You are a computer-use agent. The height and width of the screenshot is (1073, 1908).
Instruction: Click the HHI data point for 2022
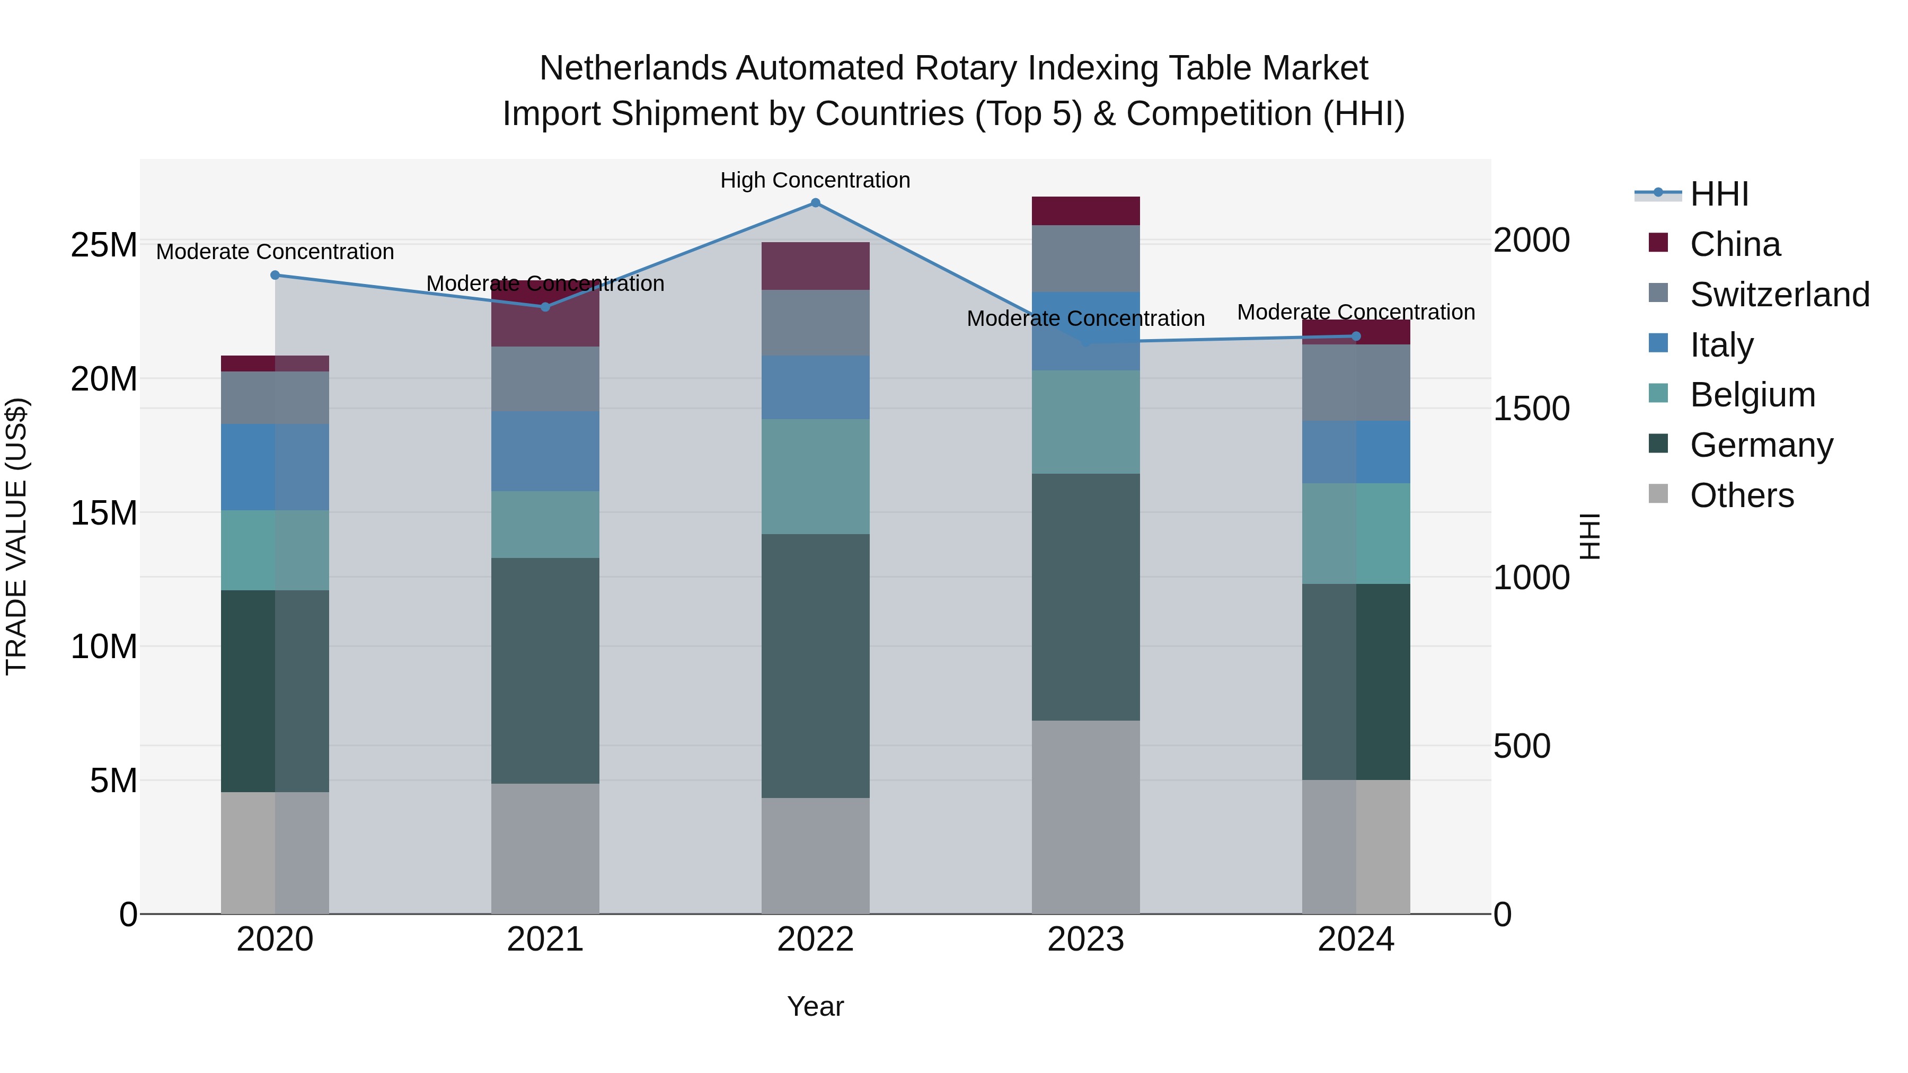click(816, 203)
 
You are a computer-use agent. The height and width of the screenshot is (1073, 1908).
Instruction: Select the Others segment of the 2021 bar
click(545, 849)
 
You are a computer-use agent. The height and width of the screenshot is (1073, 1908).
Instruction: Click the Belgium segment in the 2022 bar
click(816, 477)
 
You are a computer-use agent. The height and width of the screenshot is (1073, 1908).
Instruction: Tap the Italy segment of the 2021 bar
click(545, 451)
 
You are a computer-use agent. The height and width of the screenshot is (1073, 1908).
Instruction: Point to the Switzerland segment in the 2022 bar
click(816, 323)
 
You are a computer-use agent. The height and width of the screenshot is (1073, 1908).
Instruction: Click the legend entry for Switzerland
click(1779, 295)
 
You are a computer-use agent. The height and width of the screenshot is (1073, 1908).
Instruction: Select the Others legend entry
click(1742, 495)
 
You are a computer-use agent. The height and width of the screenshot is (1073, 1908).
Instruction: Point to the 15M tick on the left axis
click(104, 513)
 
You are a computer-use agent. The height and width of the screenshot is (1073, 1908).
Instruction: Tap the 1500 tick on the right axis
click(1531, 409)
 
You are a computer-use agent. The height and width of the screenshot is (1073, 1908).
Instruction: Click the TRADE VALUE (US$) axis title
click(17, 536)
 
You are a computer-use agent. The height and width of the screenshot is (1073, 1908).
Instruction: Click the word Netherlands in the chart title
click(633, 68)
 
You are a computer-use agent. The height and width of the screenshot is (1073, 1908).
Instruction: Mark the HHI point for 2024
click(1356, 336)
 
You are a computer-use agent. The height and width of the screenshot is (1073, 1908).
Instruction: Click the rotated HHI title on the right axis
click(1589, 536)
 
